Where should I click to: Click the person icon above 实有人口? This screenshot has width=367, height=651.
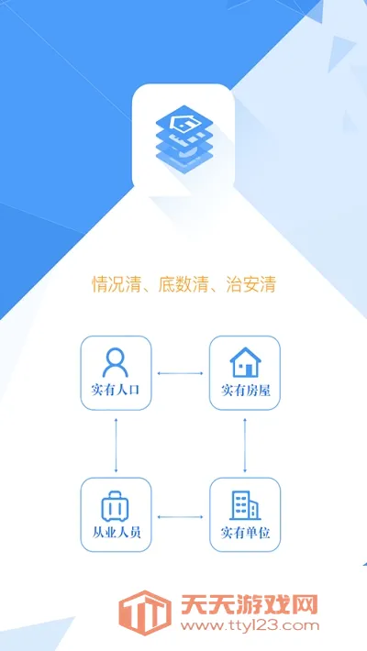coord(115,362)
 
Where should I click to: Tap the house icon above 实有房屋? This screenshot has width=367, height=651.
coord(245,362)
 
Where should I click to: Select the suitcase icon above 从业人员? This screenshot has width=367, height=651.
coord(115,506)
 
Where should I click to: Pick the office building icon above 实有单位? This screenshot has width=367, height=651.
coord(245,506)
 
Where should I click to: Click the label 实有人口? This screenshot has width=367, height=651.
coord(115,391)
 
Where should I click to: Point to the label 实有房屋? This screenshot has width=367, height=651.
coord(245,391)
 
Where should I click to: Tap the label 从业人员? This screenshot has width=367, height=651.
coord(116,533)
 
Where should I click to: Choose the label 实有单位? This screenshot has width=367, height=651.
coord(245,533)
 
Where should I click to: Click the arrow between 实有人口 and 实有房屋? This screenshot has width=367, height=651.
coord(180,373)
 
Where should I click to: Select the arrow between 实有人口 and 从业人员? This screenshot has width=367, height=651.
coord(116,445)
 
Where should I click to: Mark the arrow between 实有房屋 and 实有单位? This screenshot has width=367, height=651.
coord(245,445)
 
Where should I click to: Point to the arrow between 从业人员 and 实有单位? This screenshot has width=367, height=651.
coord(181,517)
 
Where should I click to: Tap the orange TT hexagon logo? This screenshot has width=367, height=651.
coord(145,612)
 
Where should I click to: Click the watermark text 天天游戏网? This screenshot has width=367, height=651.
coord(249,604)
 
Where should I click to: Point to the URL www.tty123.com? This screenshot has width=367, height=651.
coord(250,625)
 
